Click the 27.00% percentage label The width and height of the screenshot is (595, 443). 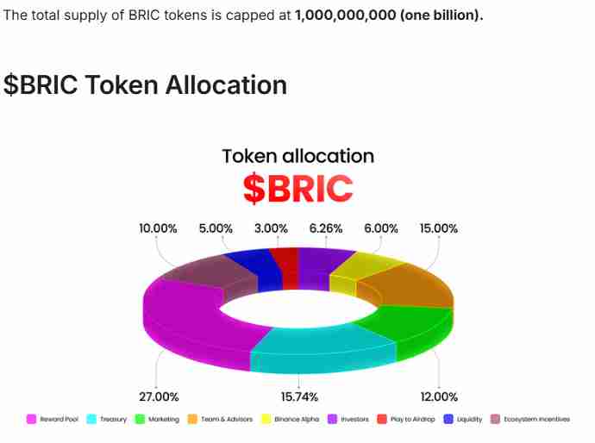pos(159,396)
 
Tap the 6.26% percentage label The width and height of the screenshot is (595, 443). pos(325,228)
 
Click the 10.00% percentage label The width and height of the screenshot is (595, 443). pos(159,228)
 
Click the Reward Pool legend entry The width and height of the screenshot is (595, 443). pos(57,420)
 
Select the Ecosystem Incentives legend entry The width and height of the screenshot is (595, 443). pos(530,420)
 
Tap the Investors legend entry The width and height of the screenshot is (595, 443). pos(349,420)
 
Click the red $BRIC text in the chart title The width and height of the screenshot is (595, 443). pos(297,189)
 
